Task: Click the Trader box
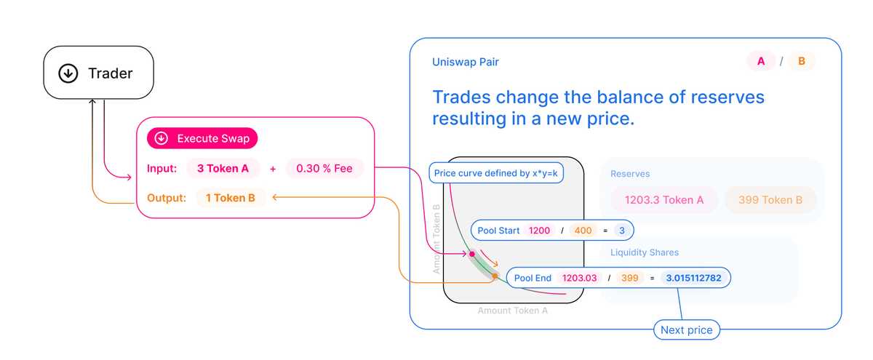(98, 73)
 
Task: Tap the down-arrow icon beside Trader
(68, 73)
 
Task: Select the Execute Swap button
(202, 138)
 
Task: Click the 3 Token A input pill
(223, 169)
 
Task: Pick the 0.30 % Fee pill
(324, 169)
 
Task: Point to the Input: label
(162, 169)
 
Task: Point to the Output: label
(165, 198)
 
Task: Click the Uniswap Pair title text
(466, 62)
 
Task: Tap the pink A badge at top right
(761, 62)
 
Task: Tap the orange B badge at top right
(802, 62)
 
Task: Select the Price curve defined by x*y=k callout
(497, 173)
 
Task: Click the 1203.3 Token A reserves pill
(663, 199)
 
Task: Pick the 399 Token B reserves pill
(770, 199)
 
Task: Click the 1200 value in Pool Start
(539, 231)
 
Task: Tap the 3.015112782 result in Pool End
(693, 278)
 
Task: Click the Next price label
(686, 330)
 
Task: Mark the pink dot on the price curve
(471, 254)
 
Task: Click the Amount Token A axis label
(513, 311)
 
